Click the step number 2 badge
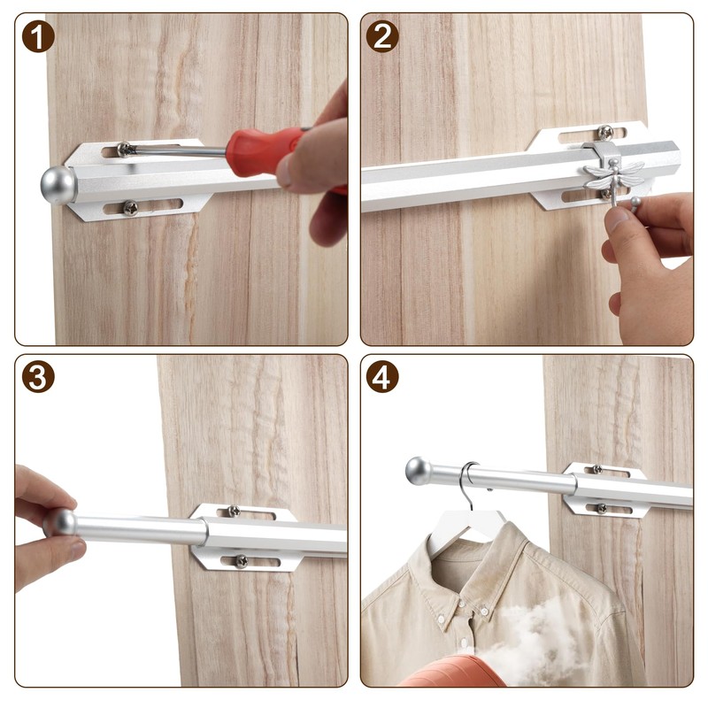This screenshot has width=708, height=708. click(381, 36)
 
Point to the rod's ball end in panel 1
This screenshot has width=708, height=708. click(58, 185)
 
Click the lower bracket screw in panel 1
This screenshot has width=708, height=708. click(130, 208)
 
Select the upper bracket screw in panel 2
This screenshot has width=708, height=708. click(604, 134)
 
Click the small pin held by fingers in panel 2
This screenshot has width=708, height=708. click(633, 203)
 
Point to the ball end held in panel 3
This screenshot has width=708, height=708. click(60, 521)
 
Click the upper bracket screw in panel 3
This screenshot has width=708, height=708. click(234, 511)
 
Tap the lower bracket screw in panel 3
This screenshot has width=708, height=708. click(241, 561)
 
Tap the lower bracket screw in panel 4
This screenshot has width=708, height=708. click(601, 508)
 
